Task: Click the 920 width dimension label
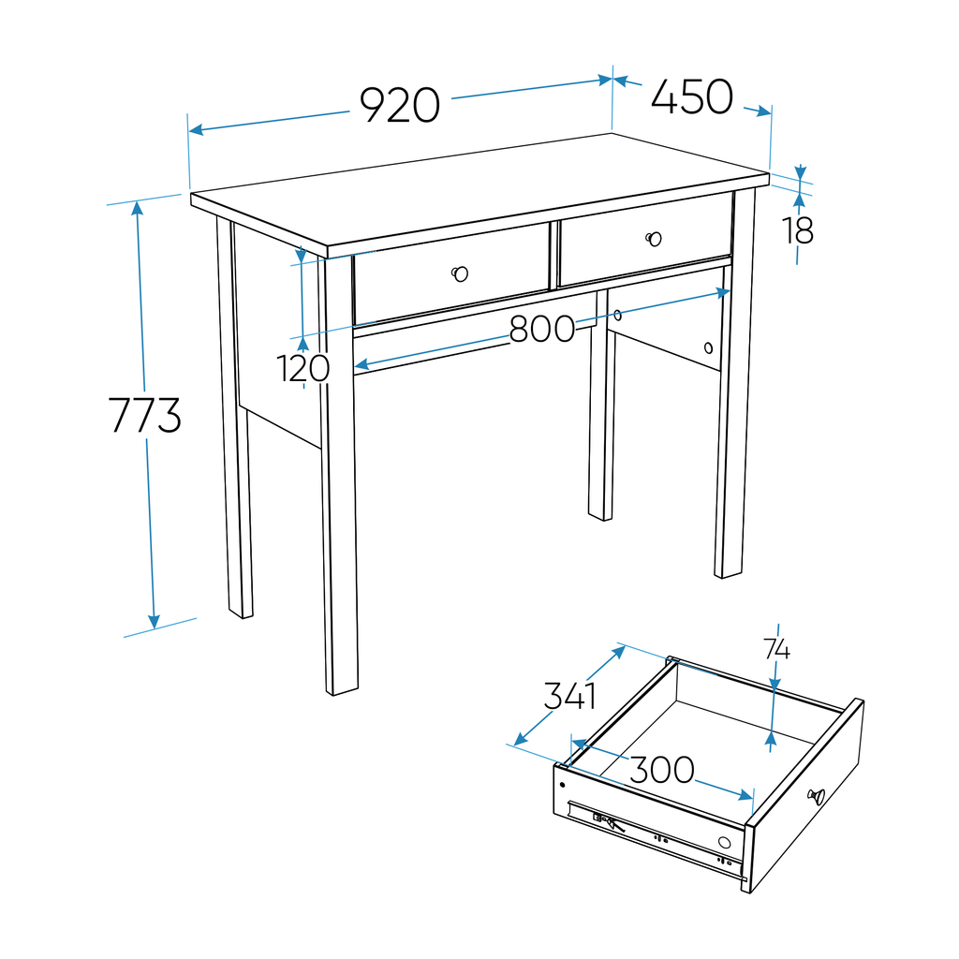coord(400,106)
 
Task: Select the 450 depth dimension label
coord(691,98)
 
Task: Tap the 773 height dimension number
coord(145,416)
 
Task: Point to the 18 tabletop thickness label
coord(799,230)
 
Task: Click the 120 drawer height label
coord(304,369)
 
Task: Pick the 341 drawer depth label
coord(569,696)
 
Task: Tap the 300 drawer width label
coord(661,771)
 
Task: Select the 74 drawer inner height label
coord(776,649)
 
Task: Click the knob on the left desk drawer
coord(459,273)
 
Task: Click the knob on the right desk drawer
coord(654,239)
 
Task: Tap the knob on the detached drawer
coord(816,797)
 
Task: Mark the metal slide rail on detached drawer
coord(656,835)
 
